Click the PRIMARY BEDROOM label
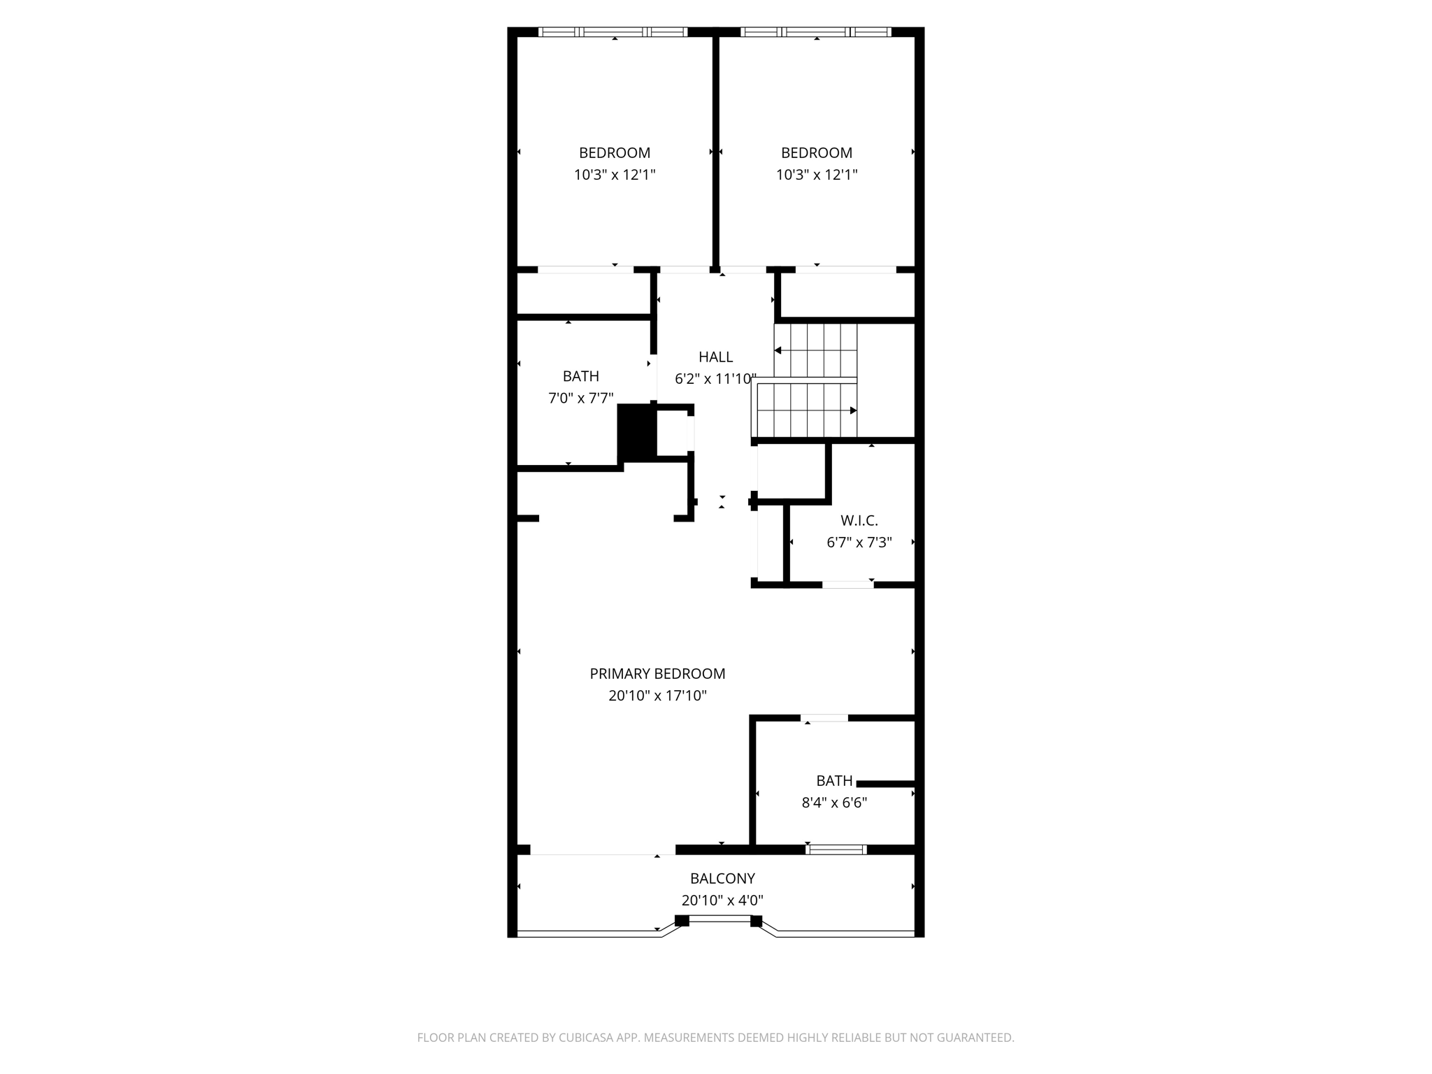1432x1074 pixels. (657, 673)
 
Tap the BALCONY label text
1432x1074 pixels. (722, 878)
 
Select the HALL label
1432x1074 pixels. (715, 357)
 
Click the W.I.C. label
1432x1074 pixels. (859, 520)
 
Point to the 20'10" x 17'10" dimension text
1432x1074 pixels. (657, 696)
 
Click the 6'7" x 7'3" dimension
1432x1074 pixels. (859, 543)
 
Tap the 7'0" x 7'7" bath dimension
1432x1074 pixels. (580, 399)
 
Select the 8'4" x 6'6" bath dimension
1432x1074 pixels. (834, 803)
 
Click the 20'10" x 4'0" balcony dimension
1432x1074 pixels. (722, 901)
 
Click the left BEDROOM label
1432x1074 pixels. (615, 152)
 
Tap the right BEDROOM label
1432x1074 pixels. (816, 152)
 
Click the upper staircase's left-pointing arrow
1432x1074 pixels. (778, 350)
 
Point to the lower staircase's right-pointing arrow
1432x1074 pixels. (853, 410)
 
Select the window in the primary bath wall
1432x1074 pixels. (836, 850)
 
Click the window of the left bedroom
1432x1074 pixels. (613, 31)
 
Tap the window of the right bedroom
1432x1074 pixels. (815, 31)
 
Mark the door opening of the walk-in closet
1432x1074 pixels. (847, 585)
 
